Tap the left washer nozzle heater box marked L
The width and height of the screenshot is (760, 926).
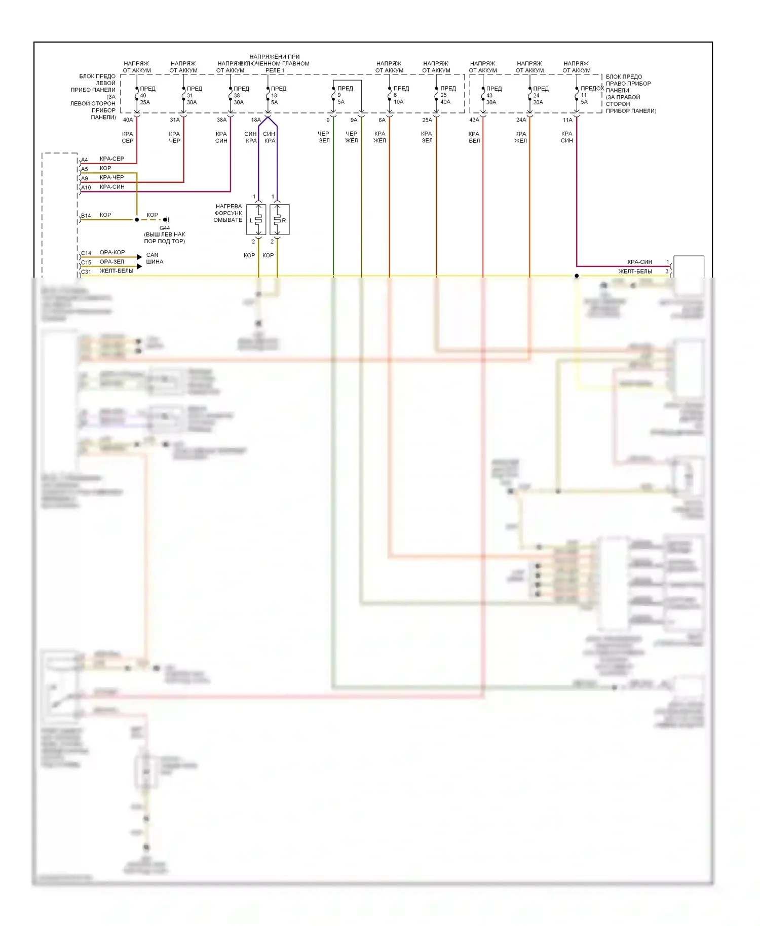(x=256, y=220)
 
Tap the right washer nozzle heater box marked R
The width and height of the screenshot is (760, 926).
(x=279, y=220)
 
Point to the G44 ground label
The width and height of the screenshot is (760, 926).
(x=165, y=228)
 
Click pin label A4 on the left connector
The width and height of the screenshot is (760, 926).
(x=85, y=160)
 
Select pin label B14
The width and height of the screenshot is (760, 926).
(x=86, y=216)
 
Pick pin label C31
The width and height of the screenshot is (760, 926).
(x=86, y=272)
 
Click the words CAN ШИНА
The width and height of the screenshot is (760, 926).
(x=155, y=258)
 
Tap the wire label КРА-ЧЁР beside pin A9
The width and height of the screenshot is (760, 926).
(x=111, y=178)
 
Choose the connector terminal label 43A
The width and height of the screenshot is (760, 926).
(x=474, y=120)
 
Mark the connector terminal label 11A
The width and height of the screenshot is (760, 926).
(x=567, y=120)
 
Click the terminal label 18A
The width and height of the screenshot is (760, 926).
(x=256, y=120)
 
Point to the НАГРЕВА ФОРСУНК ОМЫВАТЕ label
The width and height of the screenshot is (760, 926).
(x=228, y=213)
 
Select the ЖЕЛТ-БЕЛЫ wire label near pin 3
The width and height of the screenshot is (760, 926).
(x=635, y=272)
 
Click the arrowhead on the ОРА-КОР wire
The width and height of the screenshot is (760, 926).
(x=139, y=257)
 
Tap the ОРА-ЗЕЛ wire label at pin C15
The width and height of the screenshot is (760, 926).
(x=111, y=262)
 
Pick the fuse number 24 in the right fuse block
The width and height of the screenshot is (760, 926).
(x=536, y=95)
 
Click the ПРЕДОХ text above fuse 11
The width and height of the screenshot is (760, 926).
(x=592, y=88)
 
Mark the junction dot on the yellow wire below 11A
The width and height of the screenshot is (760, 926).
(x=577, y=276)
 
